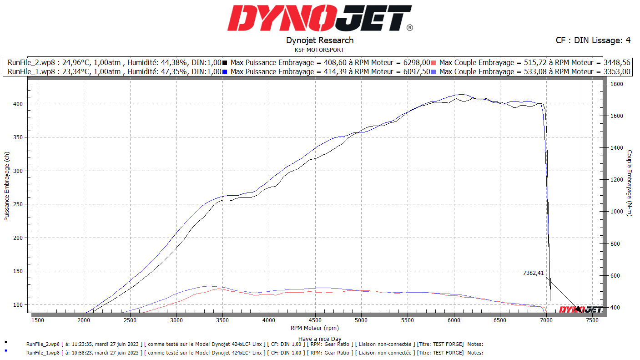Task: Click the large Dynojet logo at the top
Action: click(x=320, y=18)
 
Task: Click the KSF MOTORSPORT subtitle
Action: click(x=319, y=50)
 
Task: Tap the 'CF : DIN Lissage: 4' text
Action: click(x=593, y=41)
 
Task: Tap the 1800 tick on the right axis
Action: click(x=616, y=84)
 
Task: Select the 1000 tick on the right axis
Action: click(x=616, y=212)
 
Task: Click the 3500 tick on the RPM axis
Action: click(x=222, y=320)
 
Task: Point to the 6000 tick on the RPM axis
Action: click(x=454, y=320)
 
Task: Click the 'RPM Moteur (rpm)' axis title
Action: click(x=315, y=328)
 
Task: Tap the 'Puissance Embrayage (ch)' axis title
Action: click(x=7, y=186)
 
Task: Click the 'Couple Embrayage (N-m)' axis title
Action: click(x=630, y=183)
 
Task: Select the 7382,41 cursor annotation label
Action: click(x=533, y=273)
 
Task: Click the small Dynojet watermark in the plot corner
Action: click(x=580, y=309)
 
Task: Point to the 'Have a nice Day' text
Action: click(x=319, y=339)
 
